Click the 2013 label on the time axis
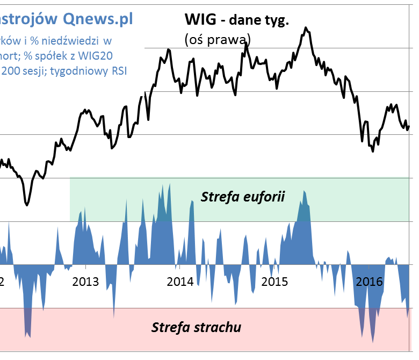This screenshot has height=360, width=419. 85,282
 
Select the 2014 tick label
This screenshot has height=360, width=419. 180,282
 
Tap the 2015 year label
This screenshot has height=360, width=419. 274,282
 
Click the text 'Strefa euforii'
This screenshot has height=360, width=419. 242,197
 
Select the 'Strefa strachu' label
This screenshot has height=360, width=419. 196,327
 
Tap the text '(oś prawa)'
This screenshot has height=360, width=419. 217,39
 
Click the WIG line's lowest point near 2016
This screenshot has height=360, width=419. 373,152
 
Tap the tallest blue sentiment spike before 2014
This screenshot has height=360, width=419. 170,184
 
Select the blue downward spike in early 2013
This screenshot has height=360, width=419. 114,316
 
